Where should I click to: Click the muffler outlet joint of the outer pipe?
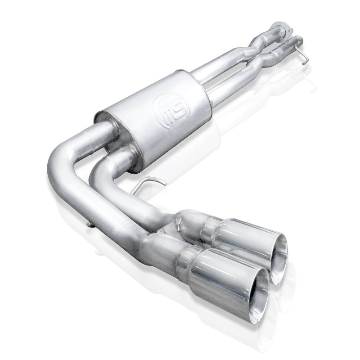pyautogui.click(x=103, y=130)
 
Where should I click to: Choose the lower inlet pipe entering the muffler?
pyautogui.click(x=220, y=90)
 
